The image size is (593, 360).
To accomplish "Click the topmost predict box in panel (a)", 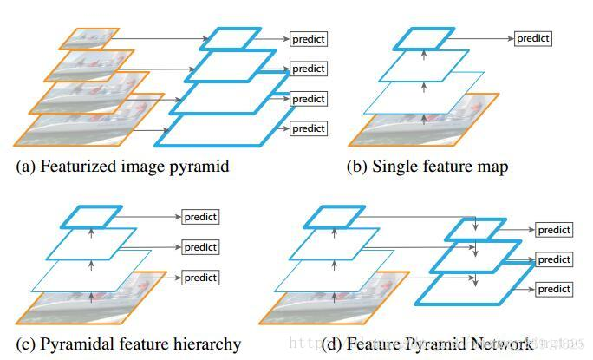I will click(x=308, y=39).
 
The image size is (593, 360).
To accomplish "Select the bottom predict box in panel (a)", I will click(x=308, y=128).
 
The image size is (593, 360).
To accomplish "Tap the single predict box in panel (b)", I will click(x=532, y=38).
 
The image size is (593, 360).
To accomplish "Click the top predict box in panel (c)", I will click(x=200, y=217).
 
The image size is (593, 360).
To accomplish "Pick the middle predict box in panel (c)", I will click(x=200, y=247).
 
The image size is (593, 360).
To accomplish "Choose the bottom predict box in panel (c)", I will click(x=200, y=278).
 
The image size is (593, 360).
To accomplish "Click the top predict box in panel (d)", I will click(x=554, y=230).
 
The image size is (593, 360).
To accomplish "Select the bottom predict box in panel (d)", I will click(x=554, y=288).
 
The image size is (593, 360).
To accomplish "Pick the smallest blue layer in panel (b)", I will click(x=423, y=38).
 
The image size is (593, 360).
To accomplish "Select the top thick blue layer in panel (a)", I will click(x=229, y=39).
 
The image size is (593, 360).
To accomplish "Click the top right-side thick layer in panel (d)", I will click(x=475, y=230).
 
